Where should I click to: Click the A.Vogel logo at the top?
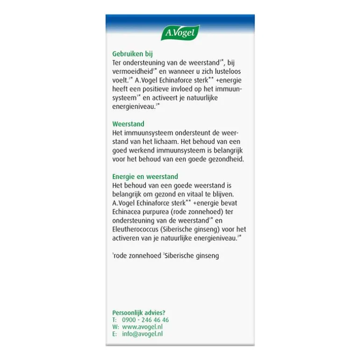[x=180, y=33]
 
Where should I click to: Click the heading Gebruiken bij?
[x=132, y=54]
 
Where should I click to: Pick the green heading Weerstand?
[x=128, y=124]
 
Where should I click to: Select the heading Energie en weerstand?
[x=145, y=177]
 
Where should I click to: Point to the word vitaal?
[x=199, y=194]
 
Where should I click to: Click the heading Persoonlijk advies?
[x=138, y=312]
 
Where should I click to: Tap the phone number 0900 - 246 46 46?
[x=145, y=320]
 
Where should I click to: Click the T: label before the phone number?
[x=115, y=320]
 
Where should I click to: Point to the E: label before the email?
[x=115, y=334]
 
